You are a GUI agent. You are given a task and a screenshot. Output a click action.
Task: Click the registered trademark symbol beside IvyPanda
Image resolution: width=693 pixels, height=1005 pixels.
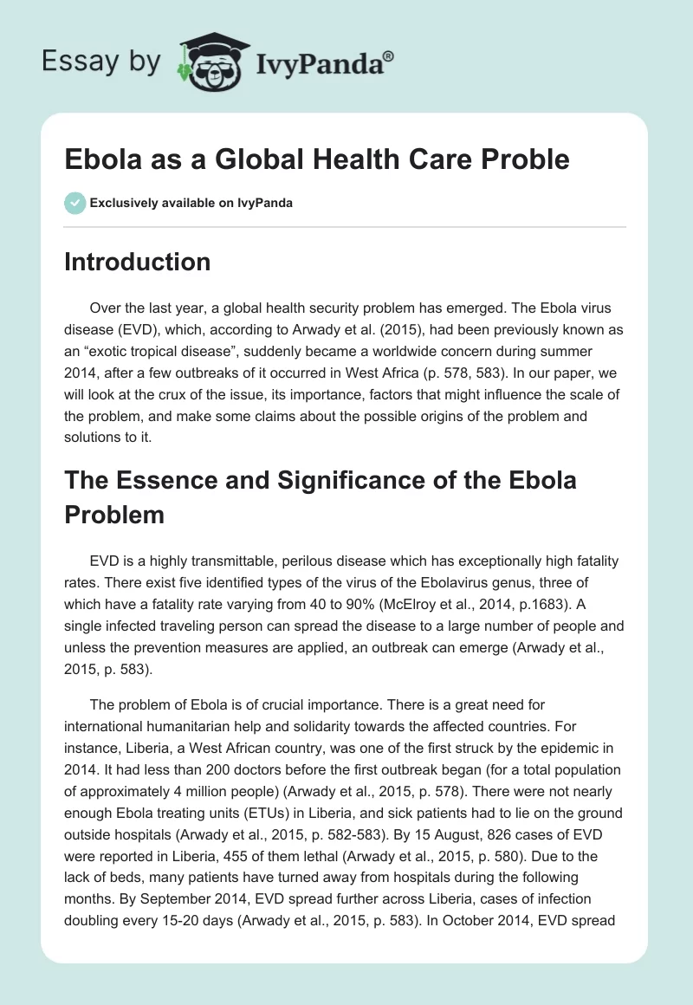389,55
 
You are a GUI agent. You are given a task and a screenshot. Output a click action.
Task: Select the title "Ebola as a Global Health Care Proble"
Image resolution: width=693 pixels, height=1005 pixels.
317,159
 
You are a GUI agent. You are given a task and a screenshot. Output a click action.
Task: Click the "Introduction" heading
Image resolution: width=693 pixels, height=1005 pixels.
138,262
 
